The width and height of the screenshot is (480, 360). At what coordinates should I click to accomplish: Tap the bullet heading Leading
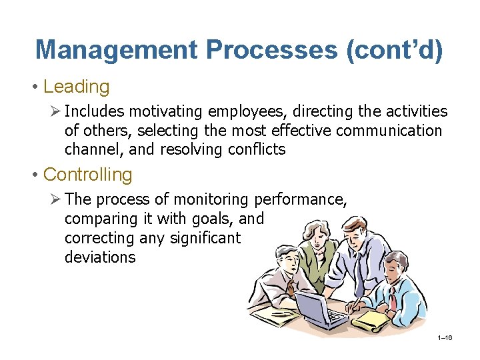click(76, 87)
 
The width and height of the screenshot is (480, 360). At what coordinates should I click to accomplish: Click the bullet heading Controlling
click(87, 175)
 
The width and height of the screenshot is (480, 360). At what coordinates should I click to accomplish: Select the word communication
click(389, 130)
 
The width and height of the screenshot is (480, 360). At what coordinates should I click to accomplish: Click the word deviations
click(99, 257)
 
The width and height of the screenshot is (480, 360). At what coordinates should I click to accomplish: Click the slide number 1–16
click(445, 338)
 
